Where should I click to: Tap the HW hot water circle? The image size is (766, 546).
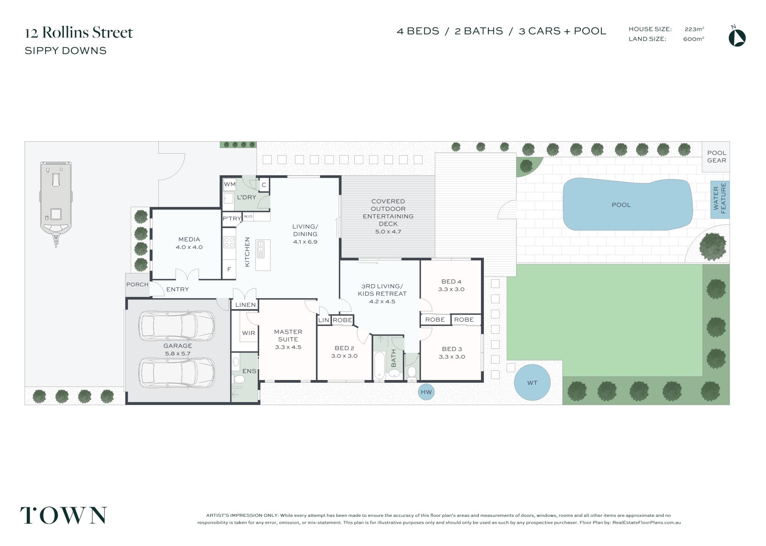(x=426, y=392)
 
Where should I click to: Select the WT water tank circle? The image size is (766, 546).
(x=532, y=383)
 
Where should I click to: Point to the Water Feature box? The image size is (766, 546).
(x=720, y=200)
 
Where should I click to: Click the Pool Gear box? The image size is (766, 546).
(x=716, y=157)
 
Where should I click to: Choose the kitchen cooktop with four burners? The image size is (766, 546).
(x=229, y=242)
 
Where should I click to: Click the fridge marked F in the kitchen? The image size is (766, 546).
(x=229, y=269)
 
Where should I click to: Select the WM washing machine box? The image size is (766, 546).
(x=229, y=184)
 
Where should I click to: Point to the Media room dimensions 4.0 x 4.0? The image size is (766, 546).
(x=189, y=247)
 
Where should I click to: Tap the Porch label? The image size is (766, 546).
(x=137, y=285)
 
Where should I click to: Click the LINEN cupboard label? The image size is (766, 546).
(x=245, y=305)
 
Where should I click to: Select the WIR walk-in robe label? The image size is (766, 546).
(x=249, y=333)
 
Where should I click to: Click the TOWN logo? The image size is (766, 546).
(x=63, y=515)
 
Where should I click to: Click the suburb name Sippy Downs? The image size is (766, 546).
(x=65, y=51)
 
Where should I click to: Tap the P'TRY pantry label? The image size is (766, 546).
(x=232, y=219)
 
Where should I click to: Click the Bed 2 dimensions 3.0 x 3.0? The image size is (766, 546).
(x=344, y=356)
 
